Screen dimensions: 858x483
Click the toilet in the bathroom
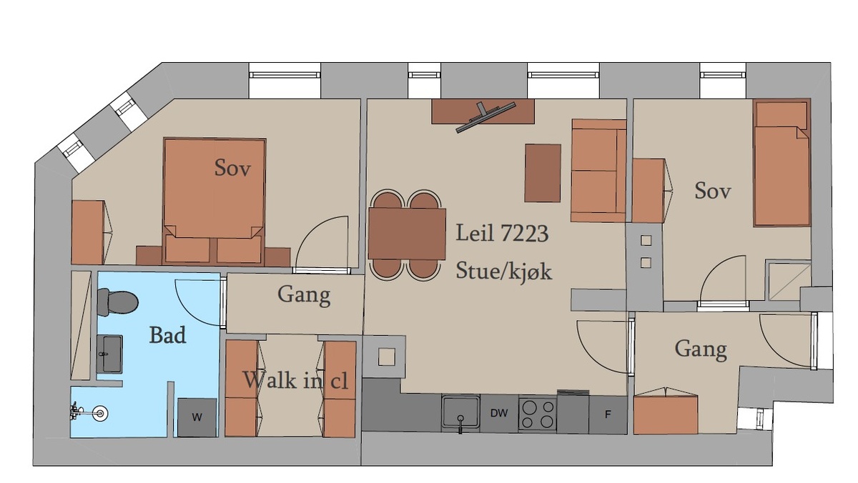tap(117, 302)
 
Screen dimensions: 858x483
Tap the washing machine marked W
tap(197, 417)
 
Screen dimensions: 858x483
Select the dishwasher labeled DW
tap(499, 413)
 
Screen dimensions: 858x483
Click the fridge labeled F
tap(608, 414)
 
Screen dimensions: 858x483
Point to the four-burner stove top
tap(538, 414)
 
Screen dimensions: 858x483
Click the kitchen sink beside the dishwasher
tap(460, 412)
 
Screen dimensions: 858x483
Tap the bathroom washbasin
tap(109, 354)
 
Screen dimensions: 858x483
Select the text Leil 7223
tap(502, 233)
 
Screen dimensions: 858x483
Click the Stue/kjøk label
tap(503, 271)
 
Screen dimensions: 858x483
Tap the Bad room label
tap(167, 335)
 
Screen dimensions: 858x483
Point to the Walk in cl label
tap(296, 380)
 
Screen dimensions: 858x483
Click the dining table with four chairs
tap(407, 234)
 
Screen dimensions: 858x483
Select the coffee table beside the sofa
tap(543, 173)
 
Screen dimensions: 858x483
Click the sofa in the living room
tap(598, 171)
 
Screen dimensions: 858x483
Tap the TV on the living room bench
tap(485, 117)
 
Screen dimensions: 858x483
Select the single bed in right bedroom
tap(781, 163)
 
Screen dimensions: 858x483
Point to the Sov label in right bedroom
tap(712, 190)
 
